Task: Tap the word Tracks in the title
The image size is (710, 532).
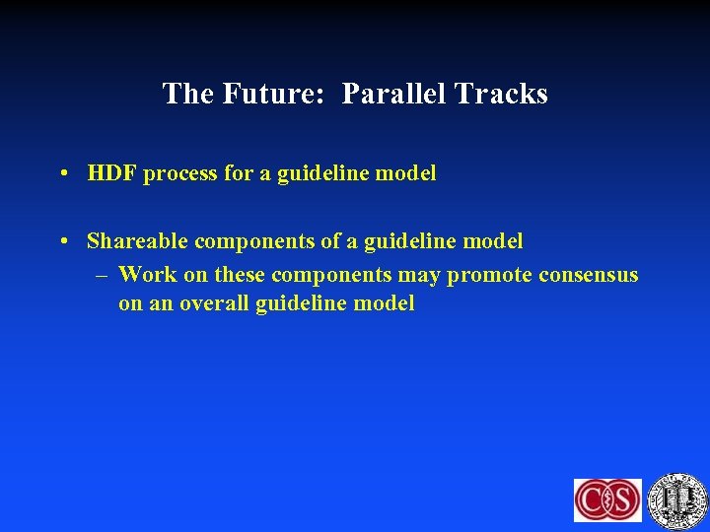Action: click(x=501, y=94)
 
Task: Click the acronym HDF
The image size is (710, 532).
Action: click(x=110, y=173)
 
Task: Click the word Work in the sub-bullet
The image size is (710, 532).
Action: click(x=148, y=274)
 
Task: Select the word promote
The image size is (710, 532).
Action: click(x=490, y=275)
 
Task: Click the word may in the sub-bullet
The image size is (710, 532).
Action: click(x=420, y=276)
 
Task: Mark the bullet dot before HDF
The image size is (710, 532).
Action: click(x=62, y=174)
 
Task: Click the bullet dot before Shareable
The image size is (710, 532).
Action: click(x=62, y=241)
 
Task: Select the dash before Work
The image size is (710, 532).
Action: click(x=103, y=275)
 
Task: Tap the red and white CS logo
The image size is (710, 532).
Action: click(x=607, y=499)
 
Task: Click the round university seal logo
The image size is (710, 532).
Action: click(x=678, y=498)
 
